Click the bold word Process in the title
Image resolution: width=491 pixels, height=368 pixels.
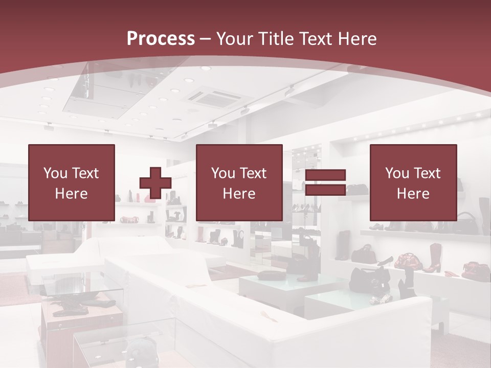click(x=161, y=38)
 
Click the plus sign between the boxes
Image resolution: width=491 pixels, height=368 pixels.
click(x=155, y=183)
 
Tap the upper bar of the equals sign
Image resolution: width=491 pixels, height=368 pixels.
click(x=325, y=175)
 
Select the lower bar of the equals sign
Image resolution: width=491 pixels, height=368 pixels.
click(x=325, y=190)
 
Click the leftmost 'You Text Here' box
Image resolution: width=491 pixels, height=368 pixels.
click(x=72, y=182)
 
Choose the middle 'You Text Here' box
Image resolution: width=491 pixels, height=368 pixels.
click(x=239, y=182)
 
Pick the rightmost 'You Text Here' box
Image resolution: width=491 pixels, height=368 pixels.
click(x=413, y=182)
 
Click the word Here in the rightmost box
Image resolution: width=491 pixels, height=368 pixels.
click(x=413, y=193)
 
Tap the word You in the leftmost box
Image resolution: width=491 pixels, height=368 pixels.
click(x=55, y=173)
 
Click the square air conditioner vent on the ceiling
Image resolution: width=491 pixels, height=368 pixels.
click(x=211, y=97)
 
